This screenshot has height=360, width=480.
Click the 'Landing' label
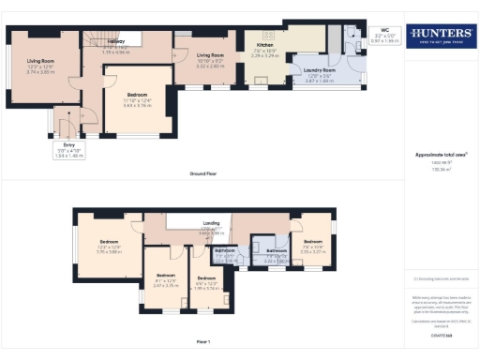click(x=197, y=223)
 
